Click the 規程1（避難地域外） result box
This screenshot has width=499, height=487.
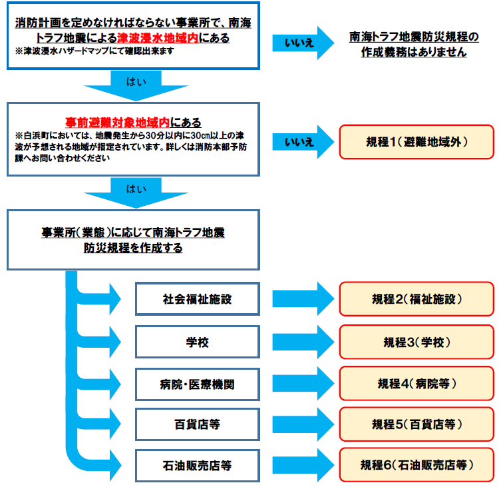[x=416, y=142]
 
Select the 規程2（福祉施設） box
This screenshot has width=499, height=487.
[x=416, y=299]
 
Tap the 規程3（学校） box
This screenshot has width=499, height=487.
[x=416, y=342]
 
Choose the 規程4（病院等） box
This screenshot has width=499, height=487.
[x=416, y=384]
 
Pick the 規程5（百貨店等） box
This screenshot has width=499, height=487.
[x=416, y=424]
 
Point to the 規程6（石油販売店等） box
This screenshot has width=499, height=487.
[x=416, y=465]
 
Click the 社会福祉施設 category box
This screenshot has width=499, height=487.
[x=198, y=299]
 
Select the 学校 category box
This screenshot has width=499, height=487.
[x=198, y=342]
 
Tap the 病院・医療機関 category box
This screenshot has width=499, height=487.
[x=198, y=384]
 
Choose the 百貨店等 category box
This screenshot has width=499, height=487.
[x=198, y=424]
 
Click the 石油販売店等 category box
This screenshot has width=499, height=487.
[x=198, y=466]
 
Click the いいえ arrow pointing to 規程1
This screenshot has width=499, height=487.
[x=303, y=142]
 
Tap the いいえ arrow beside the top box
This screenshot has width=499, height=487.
[x=303, y=43]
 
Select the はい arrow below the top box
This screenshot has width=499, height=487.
[x=136, y=85]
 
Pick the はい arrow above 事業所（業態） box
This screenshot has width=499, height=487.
[x=136, y=193]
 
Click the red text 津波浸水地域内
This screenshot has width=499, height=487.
[x=158, y=38]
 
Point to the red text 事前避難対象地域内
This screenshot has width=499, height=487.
[x=117, y=123]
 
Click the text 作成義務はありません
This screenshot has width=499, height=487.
[x=414, y=52]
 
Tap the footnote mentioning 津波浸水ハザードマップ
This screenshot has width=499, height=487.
[x=94, y=51]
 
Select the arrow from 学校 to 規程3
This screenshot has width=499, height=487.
[x=303, y=342]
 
